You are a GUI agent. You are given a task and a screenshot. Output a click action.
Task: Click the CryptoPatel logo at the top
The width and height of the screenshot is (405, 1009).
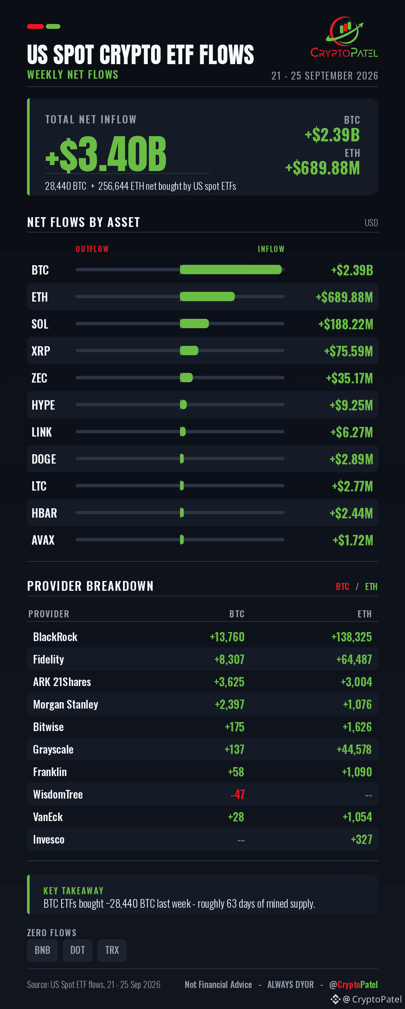coord(344,37)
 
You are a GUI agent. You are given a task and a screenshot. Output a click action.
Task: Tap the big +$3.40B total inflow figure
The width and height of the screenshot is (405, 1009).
coord(106,154)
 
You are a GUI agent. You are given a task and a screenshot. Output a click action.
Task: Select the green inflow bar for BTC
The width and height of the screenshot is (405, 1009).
coord(231,269)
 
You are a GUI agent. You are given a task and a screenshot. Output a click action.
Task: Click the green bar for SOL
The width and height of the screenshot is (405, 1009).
coord(194,324)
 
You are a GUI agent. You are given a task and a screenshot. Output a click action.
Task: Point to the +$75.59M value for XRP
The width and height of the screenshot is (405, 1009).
coord(348,351)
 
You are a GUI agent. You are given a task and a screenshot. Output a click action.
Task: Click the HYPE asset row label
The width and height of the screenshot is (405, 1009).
coord(43,405)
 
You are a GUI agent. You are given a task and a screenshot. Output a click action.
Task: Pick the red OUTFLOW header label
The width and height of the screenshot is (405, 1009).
coord(92,249)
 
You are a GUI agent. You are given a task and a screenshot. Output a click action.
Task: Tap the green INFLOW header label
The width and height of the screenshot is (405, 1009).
coord(271,249)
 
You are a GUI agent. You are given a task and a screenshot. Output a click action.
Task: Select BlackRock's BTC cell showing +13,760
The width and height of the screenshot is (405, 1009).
coord(227,637)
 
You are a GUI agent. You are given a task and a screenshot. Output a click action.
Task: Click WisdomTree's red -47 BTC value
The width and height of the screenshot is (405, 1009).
coord(238,794)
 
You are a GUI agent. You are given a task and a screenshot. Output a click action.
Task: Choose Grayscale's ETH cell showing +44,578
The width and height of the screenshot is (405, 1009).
coord(354,749)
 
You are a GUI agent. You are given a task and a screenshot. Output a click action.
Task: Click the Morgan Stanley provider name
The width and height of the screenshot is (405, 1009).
coord(65,704)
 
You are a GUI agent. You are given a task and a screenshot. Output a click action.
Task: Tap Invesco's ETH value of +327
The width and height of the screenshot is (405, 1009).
coord(361,839)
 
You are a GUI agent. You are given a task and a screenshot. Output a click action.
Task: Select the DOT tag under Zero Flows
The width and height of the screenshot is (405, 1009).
coord(78,950)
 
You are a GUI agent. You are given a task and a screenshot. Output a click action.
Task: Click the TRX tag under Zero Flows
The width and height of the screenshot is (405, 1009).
coord(112,950)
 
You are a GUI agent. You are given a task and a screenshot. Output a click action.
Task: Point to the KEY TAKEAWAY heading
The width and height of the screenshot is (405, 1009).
coord(73,891)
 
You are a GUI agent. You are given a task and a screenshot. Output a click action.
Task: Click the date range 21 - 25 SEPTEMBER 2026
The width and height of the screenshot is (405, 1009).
coord(325,76)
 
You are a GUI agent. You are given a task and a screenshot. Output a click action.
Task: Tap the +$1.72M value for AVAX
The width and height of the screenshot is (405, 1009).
coord(352,540)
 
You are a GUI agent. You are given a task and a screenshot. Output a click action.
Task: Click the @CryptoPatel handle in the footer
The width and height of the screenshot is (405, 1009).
coord(353,984)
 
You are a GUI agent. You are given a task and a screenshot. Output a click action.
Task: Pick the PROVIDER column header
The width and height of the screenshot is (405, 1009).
coord(49,614)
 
